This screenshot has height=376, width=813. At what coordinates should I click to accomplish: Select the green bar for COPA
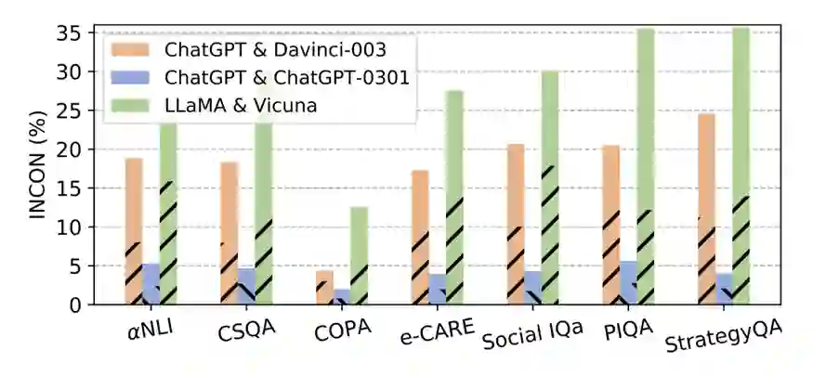[x=359, y=255]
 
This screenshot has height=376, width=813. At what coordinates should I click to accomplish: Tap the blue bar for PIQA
[x=627, y=282]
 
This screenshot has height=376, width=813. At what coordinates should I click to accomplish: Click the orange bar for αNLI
[x=134, y=231]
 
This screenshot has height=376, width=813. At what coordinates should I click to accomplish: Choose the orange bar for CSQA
[x=229, y=233]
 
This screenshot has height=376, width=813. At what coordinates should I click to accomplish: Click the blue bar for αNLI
[x=151, y=284]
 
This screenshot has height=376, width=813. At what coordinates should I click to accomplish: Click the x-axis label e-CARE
[x=437, y=330]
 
